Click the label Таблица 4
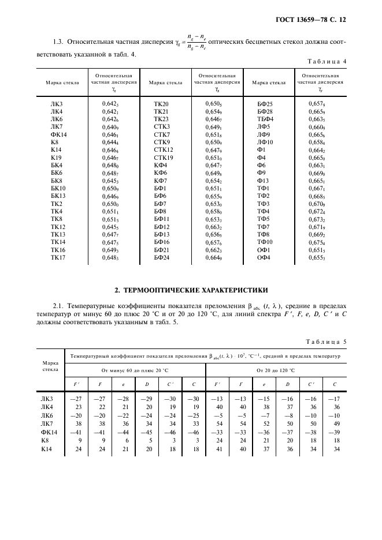[x=326, y=61]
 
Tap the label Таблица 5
[x=326, y=341]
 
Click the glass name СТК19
[x=164, y=157]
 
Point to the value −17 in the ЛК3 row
[x=334, y=398]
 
